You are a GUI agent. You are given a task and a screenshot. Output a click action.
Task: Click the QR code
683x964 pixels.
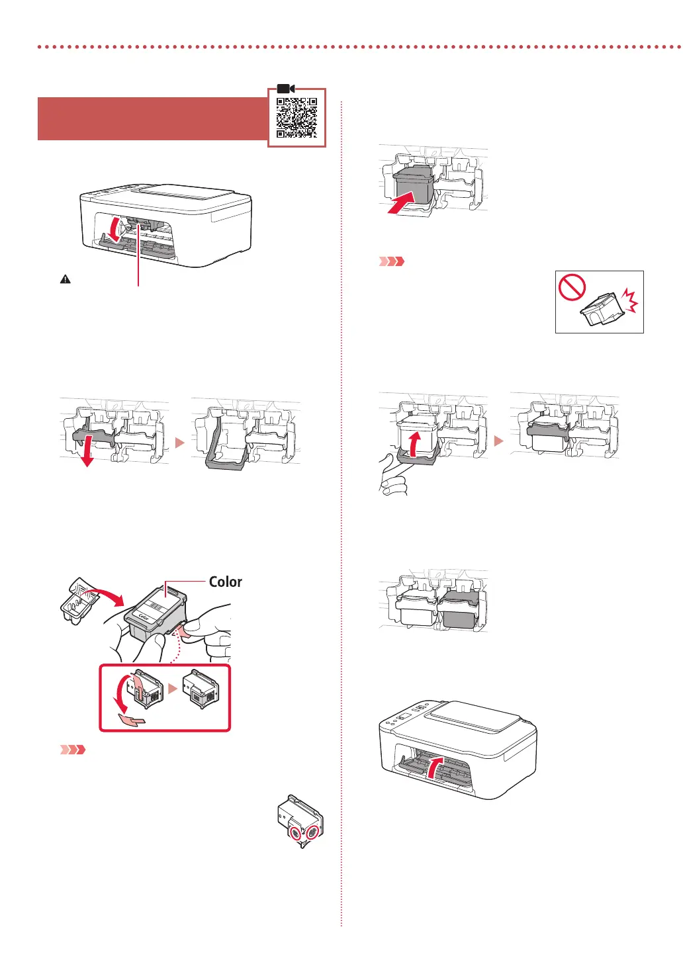(296, 118)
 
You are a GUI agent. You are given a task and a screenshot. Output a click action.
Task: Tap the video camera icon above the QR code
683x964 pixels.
(286, 89)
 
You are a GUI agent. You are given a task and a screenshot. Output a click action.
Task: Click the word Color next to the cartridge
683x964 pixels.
(225, 582)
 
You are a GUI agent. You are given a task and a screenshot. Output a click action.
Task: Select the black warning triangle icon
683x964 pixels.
(65, 279)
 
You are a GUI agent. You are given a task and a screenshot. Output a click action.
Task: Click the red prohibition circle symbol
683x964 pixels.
(572, 288)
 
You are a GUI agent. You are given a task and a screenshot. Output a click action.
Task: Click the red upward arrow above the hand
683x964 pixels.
(414, 444)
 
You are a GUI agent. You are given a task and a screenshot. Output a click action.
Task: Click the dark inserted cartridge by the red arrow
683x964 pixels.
(414, 185)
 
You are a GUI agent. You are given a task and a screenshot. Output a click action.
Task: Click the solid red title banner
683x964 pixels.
(152, 118)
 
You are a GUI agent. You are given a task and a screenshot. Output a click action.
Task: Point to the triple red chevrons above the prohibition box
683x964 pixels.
(391, 261)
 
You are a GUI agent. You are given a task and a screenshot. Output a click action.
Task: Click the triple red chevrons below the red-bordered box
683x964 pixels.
(73, 750)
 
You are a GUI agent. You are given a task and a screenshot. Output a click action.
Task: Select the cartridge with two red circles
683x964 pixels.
(300, 820)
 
